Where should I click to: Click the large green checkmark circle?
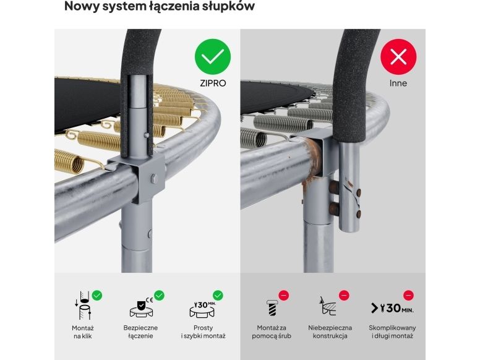(x=212, y=57)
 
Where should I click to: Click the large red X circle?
(x=398, y=57)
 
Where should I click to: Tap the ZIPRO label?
(x=213, y=84)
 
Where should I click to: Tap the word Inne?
(x=398, y=83)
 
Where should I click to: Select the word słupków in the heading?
(x=228, y=6)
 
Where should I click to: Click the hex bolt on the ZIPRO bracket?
(x=154, y=179)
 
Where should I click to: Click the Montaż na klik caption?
(x=83, y=332)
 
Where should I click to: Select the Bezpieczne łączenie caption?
(x=140, y=332)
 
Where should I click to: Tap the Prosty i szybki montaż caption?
(x=203, y=332)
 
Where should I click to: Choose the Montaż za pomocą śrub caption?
(x=272, y=332)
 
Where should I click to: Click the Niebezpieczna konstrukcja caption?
(x=330, y=332)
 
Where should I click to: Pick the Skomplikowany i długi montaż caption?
(x=392, y=332)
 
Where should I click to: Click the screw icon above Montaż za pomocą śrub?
(x=272, y=307)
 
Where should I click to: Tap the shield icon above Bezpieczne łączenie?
(x=141, y=306)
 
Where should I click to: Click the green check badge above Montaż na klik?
(x=97, y=296)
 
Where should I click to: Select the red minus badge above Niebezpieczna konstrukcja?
(x=344, y=296)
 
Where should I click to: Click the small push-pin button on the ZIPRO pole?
(x=147, y=135)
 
